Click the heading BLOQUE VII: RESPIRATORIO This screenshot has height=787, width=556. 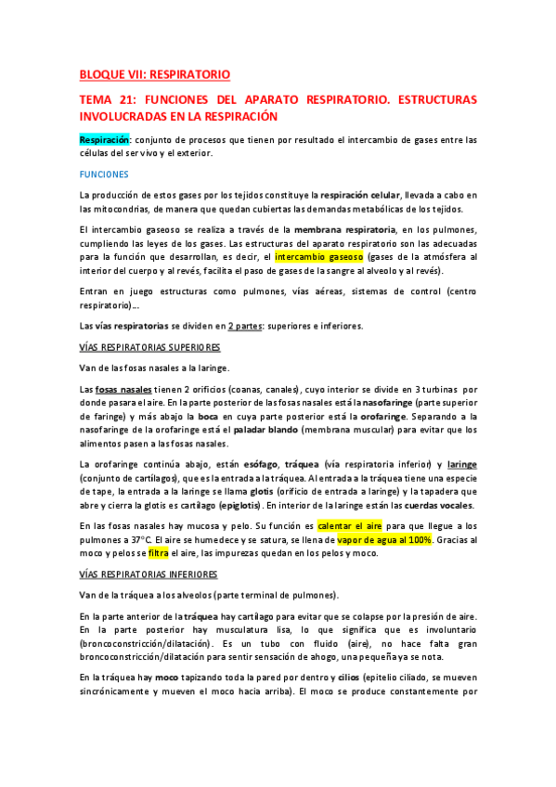coord(154,73)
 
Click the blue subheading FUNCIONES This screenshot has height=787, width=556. coord(104,174)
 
